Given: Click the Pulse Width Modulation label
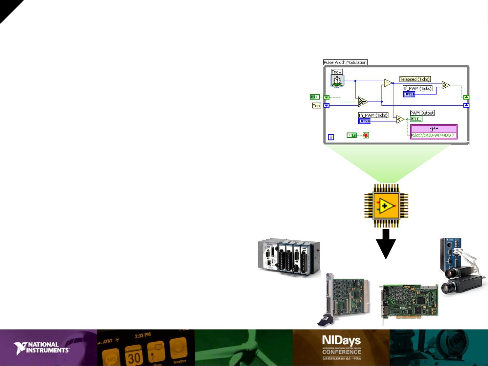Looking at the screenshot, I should point(345,62).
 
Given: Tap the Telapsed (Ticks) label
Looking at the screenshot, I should point(415,79).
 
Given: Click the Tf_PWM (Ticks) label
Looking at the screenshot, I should point(417,88).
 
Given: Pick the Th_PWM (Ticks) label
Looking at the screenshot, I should point(373,115).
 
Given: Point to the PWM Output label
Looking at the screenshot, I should point(422,113).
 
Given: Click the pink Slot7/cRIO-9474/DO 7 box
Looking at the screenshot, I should point(434,132).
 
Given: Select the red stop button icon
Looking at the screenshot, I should point(366,135).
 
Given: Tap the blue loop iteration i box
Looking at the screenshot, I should point(331,137).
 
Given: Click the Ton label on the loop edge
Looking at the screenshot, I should point(316,106).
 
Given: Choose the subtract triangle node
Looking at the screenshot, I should point(388,83).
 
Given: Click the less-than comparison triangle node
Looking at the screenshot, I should point(400,119).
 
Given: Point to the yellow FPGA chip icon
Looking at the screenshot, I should point(386,206).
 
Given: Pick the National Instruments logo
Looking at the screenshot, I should point(42,348).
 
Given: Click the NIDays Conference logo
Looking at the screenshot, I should point(341,345).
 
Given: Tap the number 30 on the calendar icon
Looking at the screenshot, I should point(134,358).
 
